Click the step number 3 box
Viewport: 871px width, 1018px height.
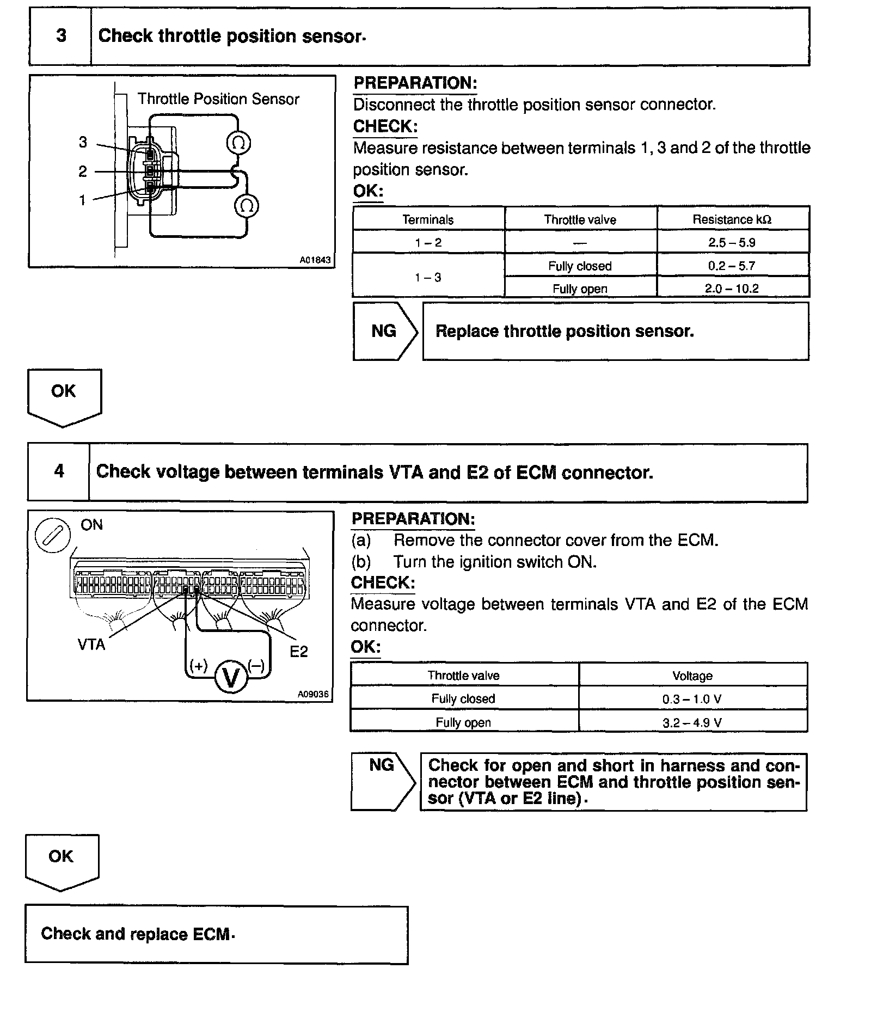coord(60,36)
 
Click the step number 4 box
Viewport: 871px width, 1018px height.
coord(59,471)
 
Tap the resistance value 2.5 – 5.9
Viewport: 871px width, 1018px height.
coord(732,243)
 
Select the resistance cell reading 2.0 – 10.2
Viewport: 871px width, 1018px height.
coord(732,289)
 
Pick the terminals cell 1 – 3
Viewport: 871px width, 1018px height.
coord(428,278)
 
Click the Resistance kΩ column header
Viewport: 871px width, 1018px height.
coord(732,219)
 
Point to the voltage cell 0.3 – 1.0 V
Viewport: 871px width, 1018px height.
coord(692,699)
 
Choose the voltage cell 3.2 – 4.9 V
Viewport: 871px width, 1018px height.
coord(692,723)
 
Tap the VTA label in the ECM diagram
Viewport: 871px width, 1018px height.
coord(91,645)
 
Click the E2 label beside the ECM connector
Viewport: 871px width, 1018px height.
coord(299,652)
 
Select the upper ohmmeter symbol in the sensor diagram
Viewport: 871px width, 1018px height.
coord(238,143)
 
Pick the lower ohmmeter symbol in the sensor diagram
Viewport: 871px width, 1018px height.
coord(246,206)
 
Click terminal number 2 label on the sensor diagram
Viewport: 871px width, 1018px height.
coord(83,172)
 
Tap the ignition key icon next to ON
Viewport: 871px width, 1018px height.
coord(53,534)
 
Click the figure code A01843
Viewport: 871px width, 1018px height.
coord(315,260)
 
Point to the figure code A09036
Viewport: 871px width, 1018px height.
coord(313,695)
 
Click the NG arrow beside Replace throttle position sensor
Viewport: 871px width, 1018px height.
coord(385,331)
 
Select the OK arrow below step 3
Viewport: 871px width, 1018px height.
coord(64,396)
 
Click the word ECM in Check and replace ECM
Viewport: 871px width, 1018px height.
coord(211,934)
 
